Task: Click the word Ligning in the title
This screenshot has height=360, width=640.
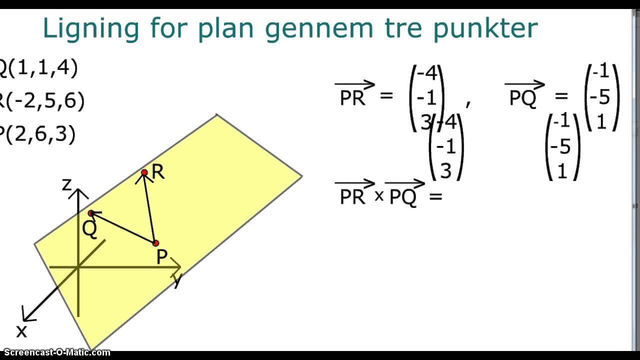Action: tap(90, 28)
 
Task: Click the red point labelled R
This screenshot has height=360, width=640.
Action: tap(144, 172)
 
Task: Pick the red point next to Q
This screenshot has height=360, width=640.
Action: tap(91, 213)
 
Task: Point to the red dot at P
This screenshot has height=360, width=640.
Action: tap(155, 243)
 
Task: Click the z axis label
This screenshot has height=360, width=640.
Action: tap(66, 185)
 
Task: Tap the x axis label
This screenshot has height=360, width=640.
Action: tap(21, 331)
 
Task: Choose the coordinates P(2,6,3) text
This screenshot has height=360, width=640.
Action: tap(37, 134)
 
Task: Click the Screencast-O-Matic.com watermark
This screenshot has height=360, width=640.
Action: tap(55, 352)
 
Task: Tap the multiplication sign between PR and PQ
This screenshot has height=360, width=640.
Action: tap(379, 196)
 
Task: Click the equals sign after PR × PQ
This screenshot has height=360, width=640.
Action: tap(435, 196)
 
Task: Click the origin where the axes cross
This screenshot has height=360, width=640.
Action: tap(78, 267)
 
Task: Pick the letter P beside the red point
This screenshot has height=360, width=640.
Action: tap(161, 257)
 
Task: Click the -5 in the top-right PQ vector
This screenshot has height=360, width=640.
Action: tap(600, 97)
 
